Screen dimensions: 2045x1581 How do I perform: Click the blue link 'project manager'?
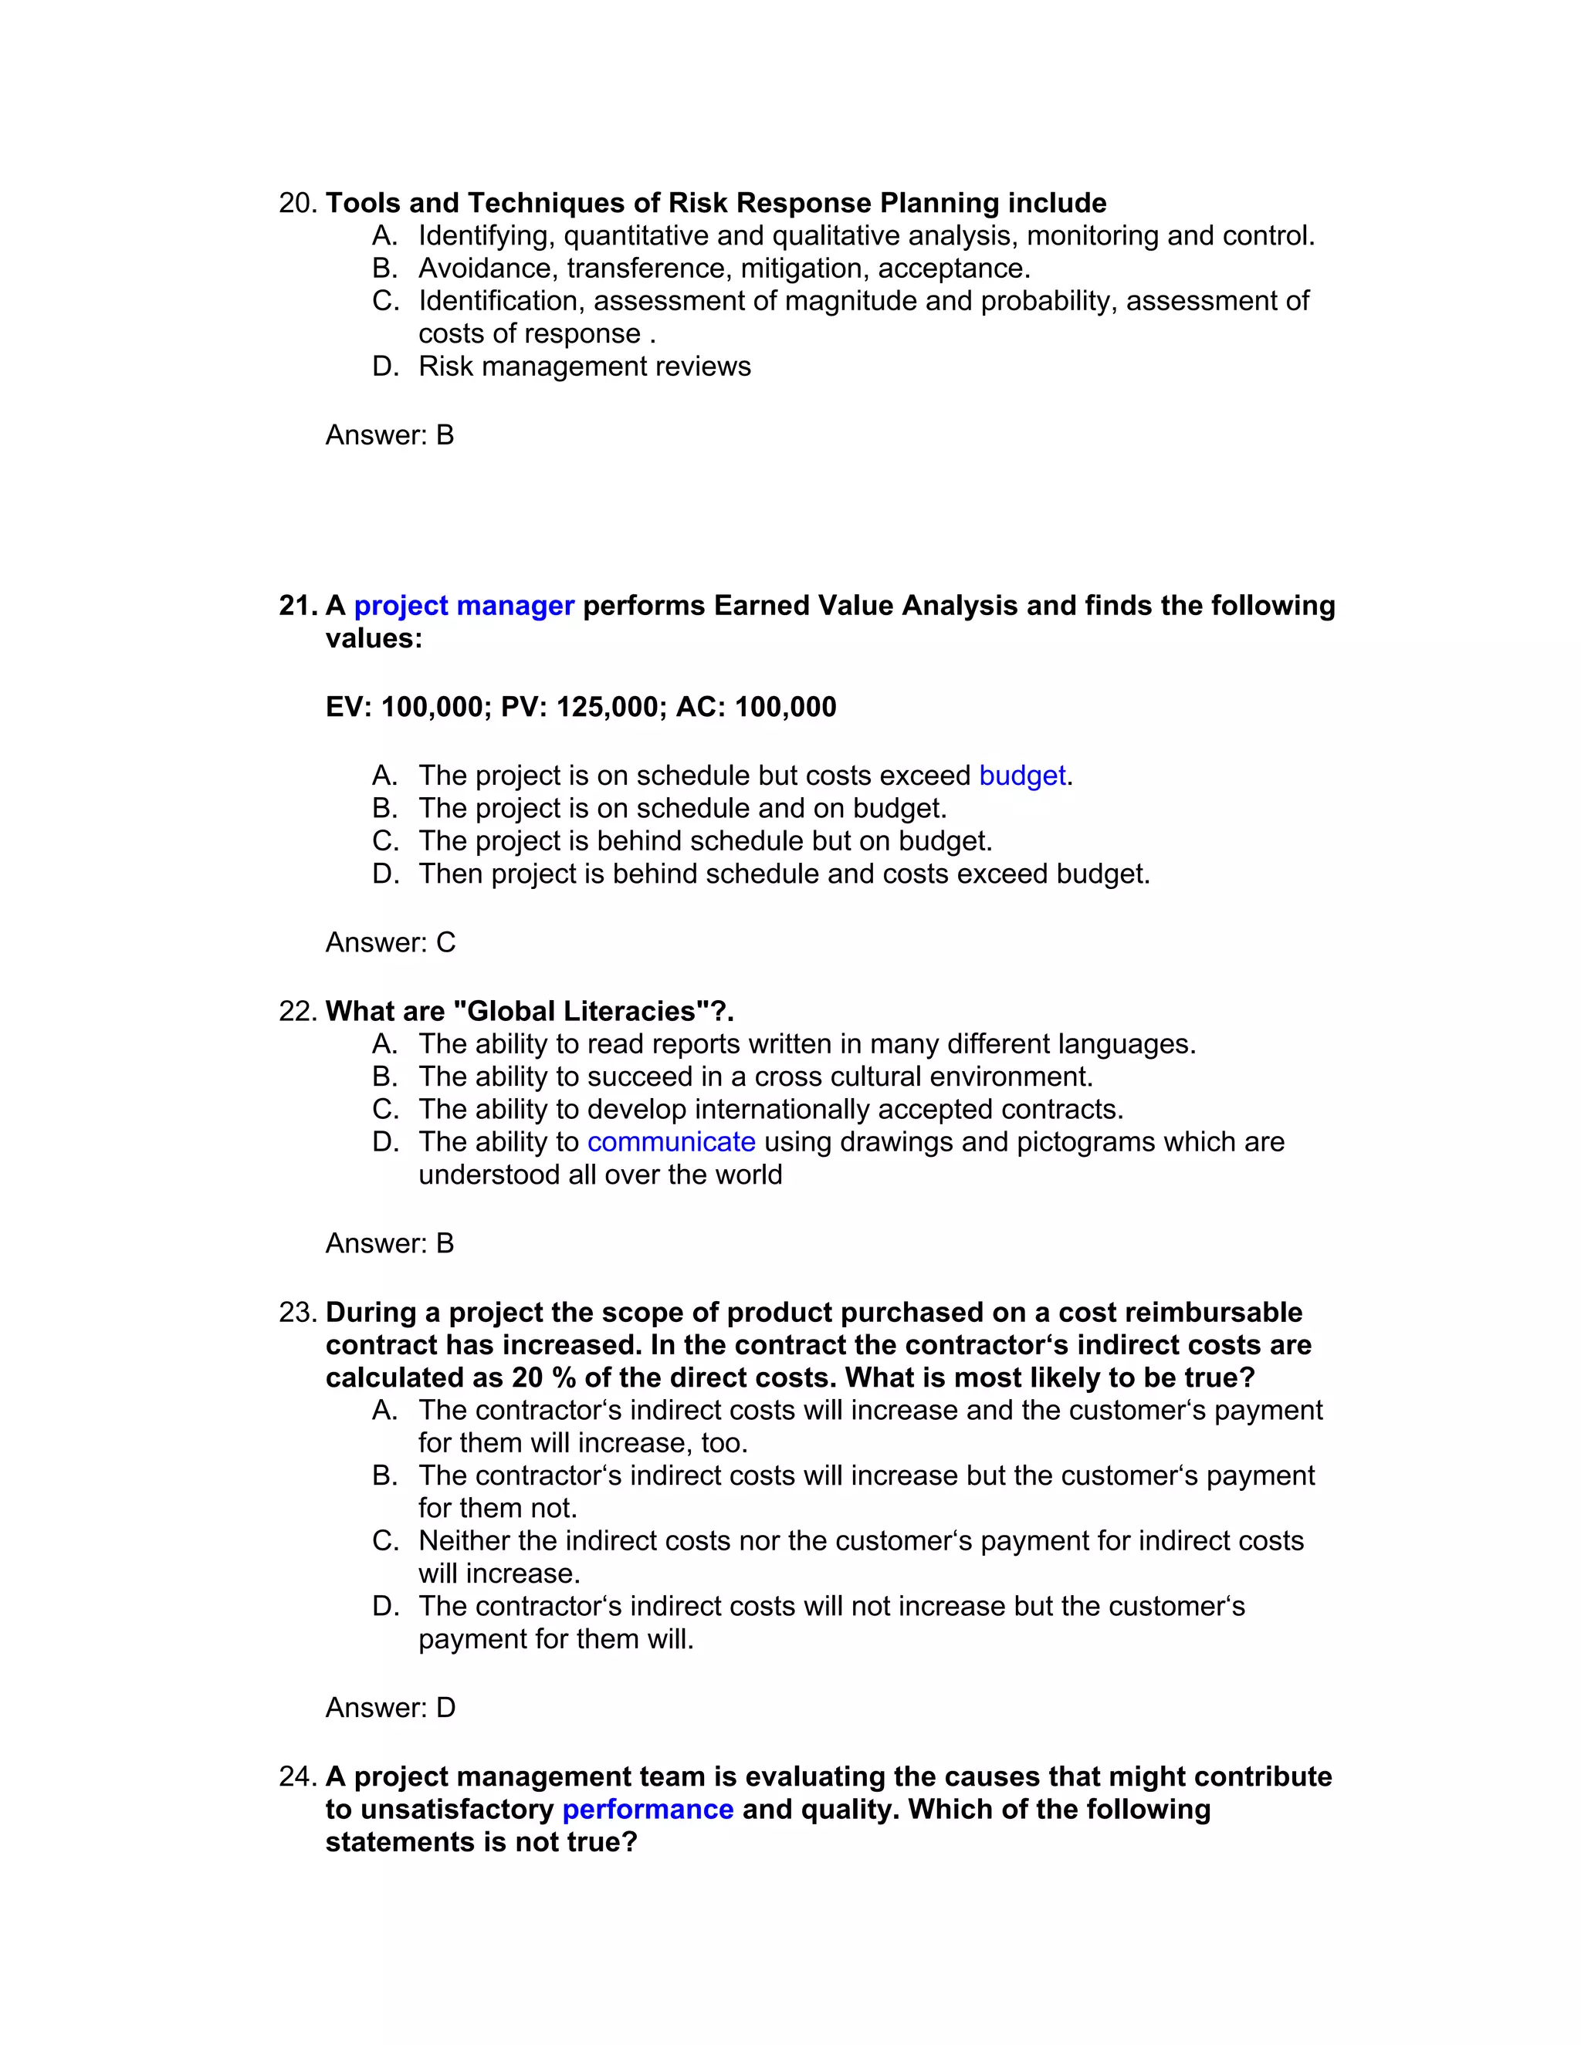(x=464, y=606)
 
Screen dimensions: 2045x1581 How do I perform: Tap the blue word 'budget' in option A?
(x=1022, y=776)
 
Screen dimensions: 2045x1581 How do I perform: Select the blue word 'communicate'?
(x=671, y=1141)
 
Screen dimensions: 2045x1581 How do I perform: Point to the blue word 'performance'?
(x=647, y=1809)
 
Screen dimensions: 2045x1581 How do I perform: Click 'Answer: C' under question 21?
(x=390, y=942)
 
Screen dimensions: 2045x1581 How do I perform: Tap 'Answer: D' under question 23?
(x=390, y=1707)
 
